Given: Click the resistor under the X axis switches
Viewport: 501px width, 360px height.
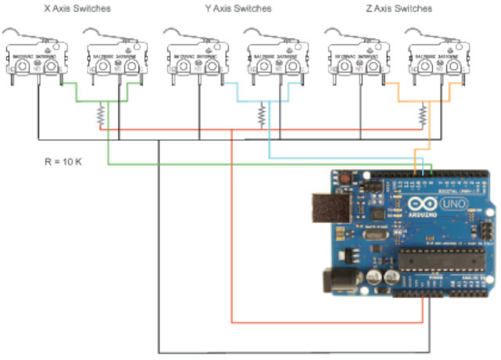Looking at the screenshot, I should pos(100,117).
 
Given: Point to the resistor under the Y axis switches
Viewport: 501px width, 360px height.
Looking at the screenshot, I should pos(261,117).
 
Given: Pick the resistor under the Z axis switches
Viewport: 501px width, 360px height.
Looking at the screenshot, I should pos(423,117).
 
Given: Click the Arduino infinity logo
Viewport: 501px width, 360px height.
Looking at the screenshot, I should pos(416,206).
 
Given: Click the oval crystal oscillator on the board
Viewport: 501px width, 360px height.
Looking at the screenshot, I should pos(374,233).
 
